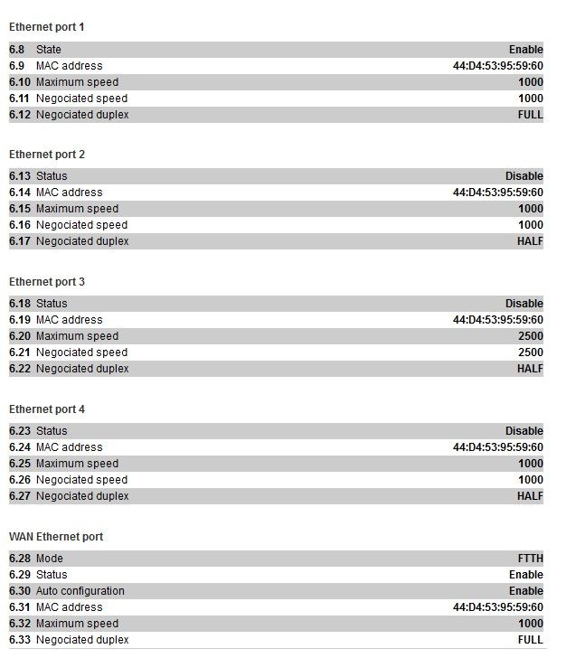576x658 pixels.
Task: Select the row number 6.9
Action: coord(17,66)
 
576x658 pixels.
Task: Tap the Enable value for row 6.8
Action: coord(525,50)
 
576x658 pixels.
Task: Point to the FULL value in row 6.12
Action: coord(530,115)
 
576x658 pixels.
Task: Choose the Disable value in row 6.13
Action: coord(524,176)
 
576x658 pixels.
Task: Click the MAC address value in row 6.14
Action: coord(497,193)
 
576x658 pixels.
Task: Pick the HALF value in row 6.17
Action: coord(530,241)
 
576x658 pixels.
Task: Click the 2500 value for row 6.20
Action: coord(530,336)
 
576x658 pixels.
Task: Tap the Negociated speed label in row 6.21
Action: coord(81,352)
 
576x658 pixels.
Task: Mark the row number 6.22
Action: coord(20,369)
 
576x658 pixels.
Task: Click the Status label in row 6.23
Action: coord(52,431)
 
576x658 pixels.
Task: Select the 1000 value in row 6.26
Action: coord(530,480)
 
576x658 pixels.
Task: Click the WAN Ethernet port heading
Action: coord(56,537)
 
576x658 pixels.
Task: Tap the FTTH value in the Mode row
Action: coord(530,559)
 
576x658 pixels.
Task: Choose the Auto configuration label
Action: coord(80,591)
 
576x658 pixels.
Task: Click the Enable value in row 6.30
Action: coord(525,591)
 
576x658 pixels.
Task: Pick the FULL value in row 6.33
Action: coord(530,640)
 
